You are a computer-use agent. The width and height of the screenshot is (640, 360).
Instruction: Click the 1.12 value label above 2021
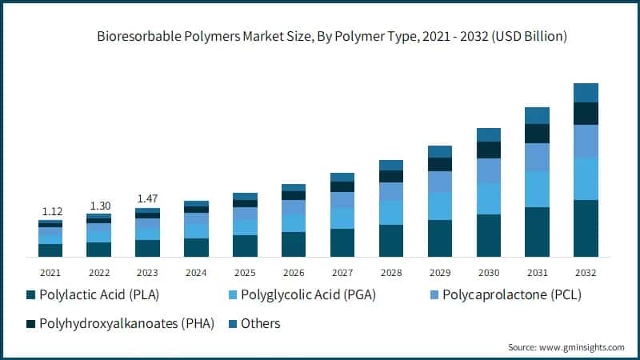tap(50, 211)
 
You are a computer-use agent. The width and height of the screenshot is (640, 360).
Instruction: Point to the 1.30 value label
tap(98, 205)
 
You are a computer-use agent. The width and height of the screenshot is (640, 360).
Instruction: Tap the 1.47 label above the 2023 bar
tap(147, 198)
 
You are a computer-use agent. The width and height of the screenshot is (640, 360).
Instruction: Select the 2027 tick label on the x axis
tap(342, 272)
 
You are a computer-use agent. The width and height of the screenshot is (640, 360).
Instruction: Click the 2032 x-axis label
tap(586, 272)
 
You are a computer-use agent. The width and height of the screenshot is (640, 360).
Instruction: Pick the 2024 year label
tap(196, 272)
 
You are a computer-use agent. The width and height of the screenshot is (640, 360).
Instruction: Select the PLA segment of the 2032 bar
tap(586, 228)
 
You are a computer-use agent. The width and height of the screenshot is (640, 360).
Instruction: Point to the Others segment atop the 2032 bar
tap(586, 93)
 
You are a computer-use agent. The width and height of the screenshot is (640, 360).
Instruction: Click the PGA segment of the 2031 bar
tap(537, 189)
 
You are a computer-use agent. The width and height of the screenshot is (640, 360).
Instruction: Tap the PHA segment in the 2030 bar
tap(488, 150)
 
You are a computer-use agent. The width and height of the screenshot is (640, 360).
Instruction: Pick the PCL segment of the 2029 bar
tap(439, 182)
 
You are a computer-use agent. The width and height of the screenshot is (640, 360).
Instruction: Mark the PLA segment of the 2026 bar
tap(294, 244)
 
